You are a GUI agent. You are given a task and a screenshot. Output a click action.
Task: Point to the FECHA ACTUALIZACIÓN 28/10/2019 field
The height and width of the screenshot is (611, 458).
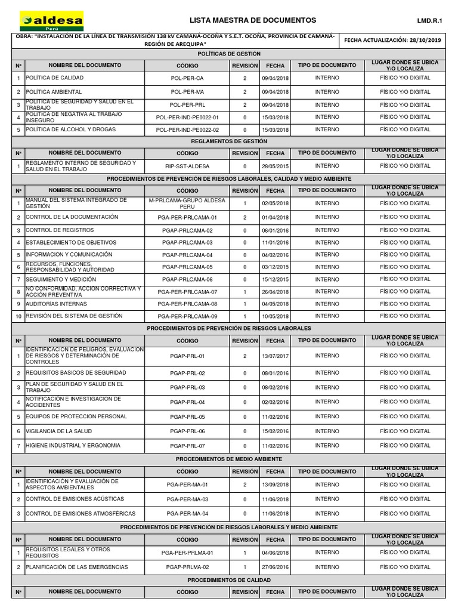click(392, 41)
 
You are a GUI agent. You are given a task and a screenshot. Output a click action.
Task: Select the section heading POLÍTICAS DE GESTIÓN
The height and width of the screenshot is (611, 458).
click(228, 54)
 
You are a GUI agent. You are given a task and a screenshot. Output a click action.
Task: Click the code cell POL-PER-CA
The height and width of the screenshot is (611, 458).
click(187, 78)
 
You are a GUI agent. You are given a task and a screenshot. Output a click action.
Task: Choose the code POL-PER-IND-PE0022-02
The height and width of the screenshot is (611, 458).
click(187, 129)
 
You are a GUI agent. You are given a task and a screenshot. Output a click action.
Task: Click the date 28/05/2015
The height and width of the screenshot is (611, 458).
click(275, 166)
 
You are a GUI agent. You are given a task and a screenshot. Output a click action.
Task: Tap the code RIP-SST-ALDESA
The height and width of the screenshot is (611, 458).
click(187, 166)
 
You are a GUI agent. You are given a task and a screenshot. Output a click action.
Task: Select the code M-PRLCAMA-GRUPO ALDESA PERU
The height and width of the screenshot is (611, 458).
click(187, 203)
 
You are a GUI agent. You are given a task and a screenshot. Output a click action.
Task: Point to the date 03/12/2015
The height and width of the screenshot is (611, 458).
click(275, 267)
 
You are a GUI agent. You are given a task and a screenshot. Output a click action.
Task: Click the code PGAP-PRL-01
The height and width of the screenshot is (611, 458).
click(187, 356)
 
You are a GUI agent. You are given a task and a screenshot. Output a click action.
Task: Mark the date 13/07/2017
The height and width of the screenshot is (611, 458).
click(275, 356)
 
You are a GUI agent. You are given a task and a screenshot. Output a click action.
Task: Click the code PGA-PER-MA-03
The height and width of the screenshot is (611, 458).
click(187, 499)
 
